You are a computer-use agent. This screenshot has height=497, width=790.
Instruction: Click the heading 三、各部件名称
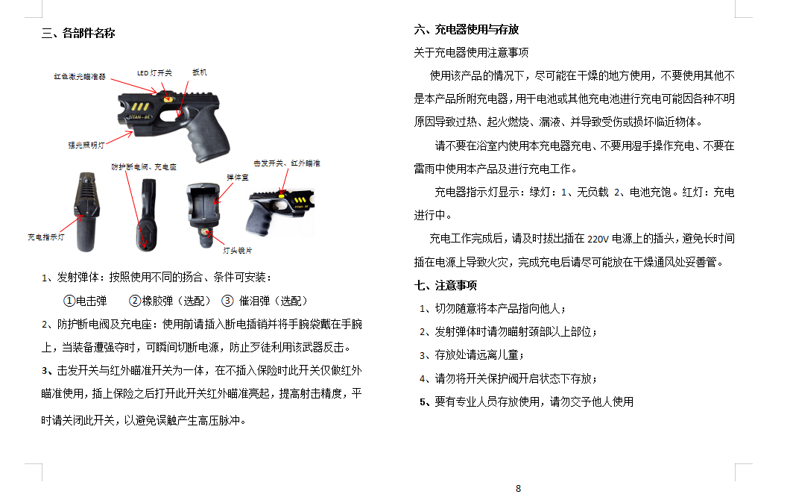78,33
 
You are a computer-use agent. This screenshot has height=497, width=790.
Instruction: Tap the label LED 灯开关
154,73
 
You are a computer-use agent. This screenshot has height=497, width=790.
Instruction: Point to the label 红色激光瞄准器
79,76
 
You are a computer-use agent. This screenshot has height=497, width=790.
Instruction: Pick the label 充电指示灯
46,237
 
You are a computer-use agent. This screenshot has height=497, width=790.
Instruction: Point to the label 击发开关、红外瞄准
286,163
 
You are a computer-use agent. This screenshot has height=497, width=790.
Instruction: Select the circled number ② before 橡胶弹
135,301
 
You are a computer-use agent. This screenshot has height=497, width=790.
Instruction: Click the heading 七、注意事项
445,285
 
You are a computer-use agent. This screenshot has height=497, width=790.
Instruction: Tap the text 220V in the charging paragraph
598,240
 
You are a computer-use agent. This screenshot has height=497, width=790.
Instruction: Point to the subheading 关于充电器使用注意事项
471,52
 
